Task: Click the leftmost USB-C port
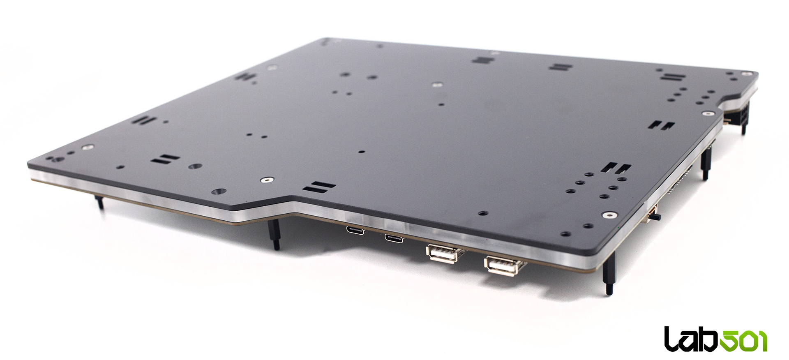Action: coord(355,230)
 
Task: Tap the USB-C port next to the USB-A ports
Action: coord(394,237)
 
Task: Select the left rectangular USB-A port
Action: coord(443,254)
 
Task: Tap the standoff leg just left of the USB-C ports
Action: coord(275,234)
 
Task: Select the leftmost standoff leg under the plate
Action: coord(99,202)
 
